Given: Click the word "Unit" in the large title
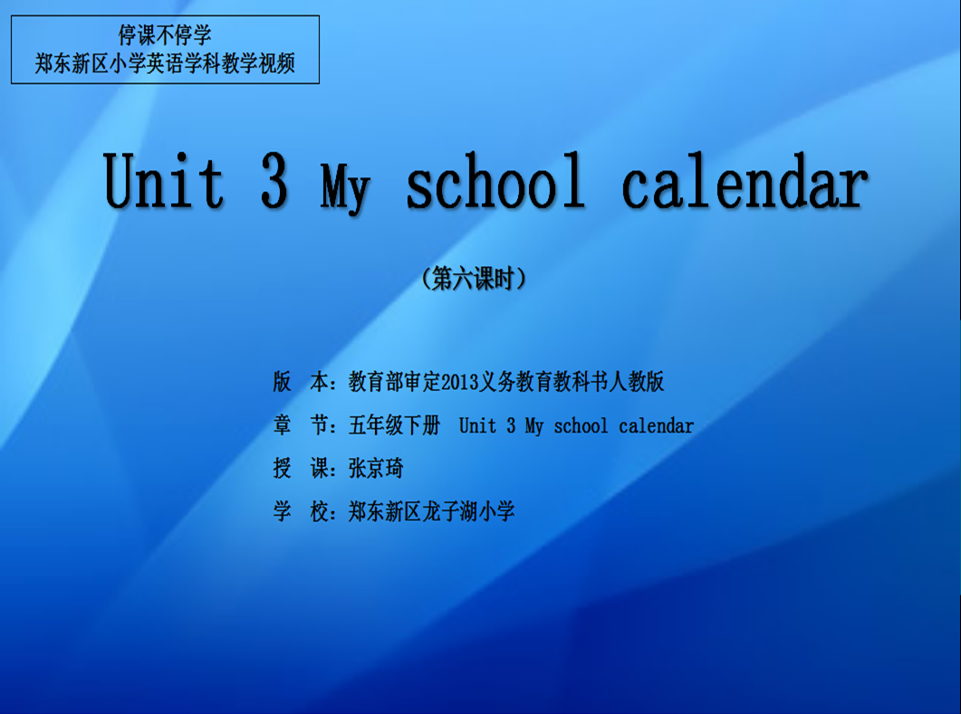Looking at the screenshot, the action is coord(163,180).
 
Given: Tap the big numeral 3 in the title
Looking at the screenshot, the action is coord(274,180).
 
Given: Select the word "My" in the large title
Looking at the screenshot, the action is coord(345,187).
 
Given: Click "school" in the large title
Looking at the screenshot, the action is coord(495,180).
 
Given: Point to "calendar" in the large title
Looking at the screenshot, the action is coord(745,180).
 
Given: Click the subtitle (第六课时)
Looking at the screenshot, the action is coord(474,279).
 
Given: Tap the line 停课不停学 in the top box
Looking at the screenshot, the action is coord(165,35).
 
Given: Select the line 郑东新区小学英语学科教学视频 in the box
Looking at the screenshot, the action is coord(165,63).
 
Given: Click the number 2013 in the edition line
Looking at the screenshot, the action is coord(459,382).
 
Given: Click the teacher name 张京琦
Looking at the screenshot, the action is coord(376,469).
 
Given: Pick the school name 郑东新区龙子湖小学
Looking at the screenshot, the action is coord(431,511).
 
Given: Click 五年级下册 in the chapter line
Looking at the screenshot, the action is coord(394,425).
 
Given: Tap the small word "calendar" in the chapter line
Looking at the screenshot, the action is coord(657,425).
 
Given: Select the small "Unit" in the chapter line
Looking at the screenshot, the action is coord(478,425).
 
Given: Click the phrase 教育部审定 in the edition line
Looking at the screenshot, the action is coord(395,382).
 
